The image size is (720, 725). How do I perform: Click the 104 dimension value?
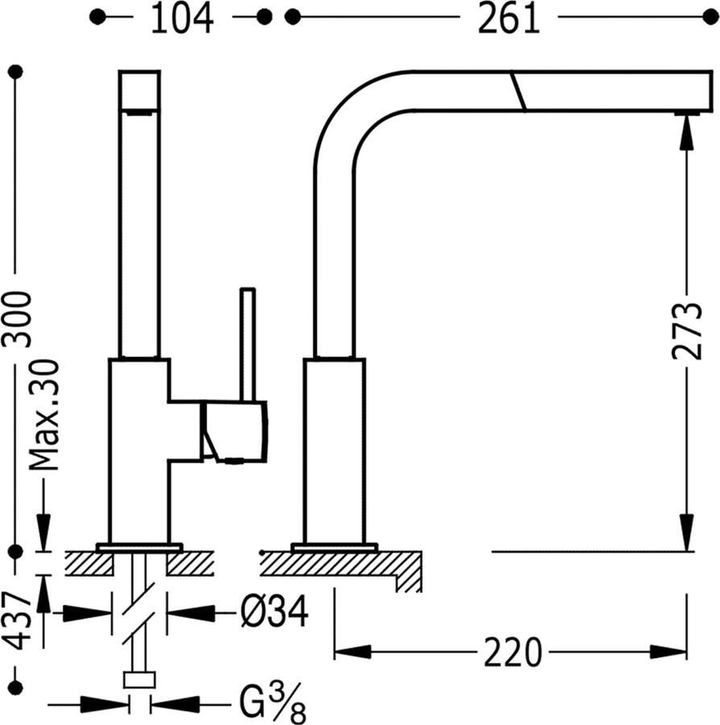tap(182, 19)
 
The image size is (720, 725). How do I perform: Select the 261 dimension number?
tap(509, 19)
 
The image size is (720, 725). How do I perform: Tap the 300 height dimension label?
tap(17, 318)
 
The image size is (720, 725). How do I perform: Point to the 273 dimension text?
tap(685, 330)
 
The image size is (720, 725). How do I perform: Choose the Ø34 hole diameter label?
tap(274, 615)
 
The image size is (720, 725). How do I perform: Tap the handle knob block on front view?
tap(234, 433)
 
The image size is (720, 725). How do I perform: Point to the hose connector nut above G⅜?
tap(139, 680)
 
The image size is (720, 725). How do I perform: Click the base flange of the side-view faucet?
tap(334, 548)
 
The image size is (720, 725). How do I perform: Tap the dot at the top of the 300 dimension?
tap(15, 72)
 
